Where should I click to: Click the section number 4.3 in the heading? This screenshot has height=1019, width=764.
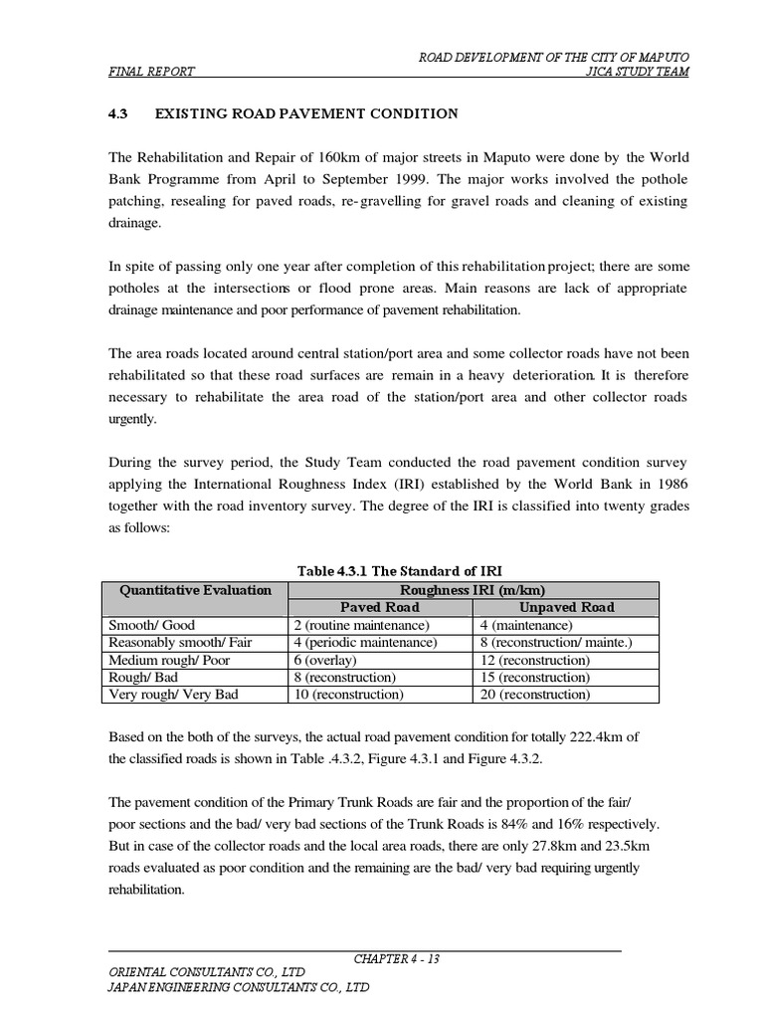118,113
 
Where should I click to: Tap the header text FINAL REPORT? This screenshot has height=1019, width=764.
151,72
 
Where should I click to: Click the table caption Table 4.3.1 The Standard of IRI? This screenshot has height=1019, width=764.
400,570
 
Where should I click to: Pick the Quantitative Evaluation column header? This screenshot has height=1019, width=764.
195,590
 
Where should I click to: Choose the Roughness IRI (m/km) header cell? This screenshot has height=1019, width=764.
473,590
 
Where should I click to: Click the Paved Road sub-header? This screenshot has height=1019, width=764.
380,607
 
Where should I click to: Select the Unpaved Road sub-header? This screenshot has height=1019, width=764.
566,607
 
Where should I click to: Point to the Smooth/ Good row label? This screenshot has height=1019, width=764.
152,625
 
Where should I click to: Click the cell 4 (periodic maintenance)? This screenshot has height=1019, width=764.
365,643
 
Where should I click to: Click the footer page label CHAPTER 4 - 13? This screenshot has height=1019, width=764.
397,959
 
